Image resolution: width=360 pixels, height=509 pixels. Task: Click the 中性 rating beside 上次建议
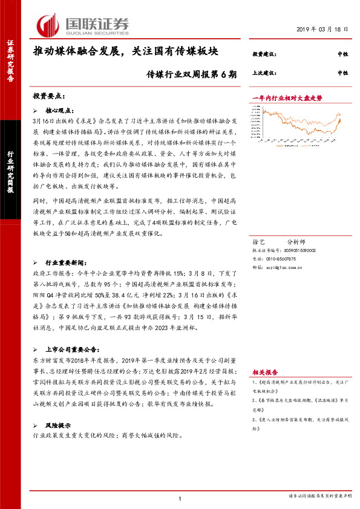(342, 73)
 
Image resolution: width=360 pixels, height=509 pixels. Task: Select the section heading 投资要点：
(49, 96)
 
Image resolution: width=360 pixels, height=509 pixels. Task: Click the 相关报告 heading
(263, 372)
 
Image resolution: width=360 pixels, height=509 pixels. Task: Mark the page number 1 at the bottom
(180, 498)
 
